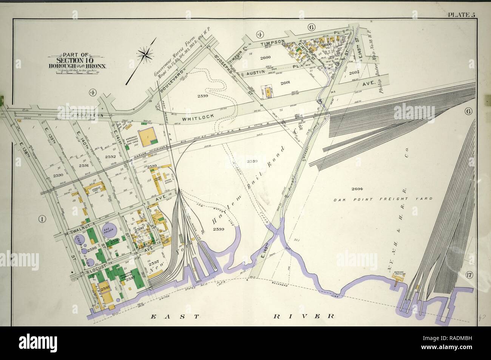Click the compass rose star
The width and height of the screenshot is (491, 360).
144,55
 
